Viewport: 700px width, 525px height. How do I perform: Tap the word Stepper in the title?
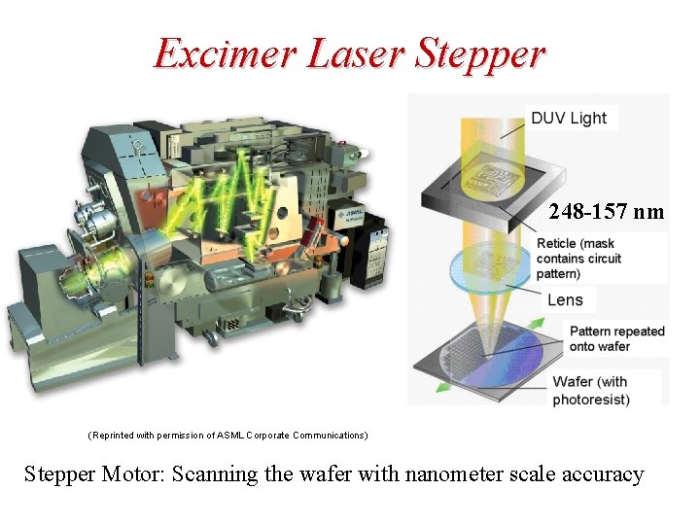(478, 54)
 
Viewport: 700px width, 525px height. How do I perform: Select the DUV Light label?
(569, 119)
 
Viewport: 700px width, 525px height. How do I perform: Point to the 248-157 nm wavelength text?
(606, 211)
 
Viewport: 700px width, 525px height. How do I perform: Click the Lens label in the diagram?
(565, 300)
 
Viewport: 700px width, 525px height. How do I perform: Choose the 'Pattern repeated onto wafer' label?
(616, 338)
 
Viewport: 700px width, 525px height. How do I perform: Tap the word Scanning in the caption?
(207, 474)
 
